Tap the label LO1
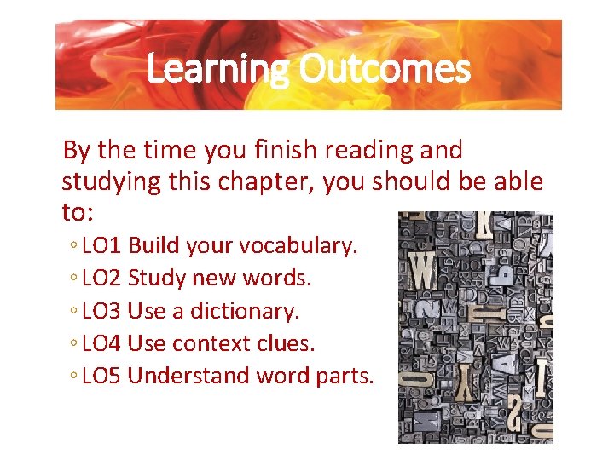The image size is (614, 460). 104,246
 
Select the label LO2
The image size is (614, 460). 104,279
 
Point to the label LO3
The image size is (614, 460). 104,311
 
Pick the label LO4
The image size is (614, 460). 104,343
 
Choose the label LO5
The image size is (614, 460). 104,376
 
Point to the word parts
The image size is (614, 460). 345,376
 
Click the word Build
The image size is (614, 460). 148,246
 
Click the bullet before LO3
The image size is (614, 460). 75,312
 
